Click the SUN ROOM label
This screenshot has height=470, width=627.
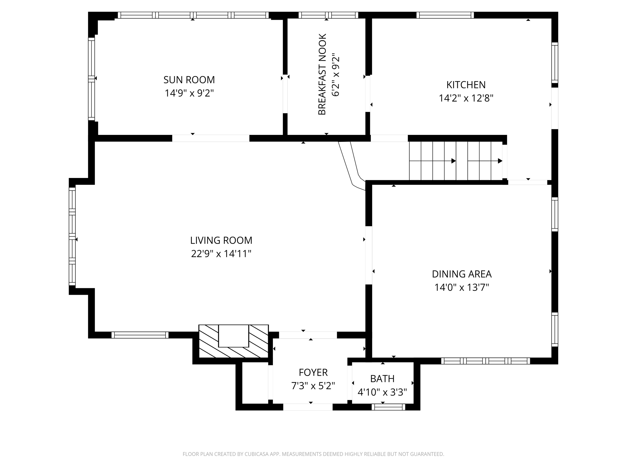pyautogui.click(x=189, y=80)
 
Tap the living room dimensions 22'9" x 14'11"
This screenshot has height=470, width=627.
pyautogui.click(x=221, y=254)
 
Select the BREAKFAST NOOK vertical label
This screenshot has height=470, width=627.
pyautogui.click(x=322, y=74)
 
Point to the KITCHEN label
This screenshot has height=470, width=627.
pyautogui.click(x=466, y=85)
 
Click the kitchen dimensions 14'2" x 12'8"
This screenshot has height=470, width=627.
pyautogui.click(x=466, y=98)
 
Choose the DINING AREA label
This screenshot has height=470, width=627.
pyautogui.click(x=462, y=274)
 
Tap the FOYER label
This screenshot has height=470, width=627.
pyautogui.click(x=313, y=372)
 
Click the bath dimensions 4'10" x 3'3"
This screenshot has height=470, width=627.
pyautogui.click(x=382, y=392)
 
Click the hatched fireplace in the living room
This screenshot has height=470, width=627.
pyautogui.click(x=233, y=341)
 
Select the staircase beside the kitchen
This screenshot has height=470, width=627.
pyautogui.click(x=455, y=161)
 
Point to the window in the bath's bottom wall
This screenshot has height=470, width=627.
pyautogui.click(x=388, y=407)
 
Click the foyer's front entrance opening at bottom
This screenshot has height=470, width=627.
pyautogui.click(x=308, y=407)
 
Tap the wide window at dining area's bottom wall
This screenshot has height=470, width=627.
pyautogui.click(x=485, y=361)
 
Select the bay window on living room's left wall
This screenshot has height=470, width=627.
pyautogui.click(x=72, y=236)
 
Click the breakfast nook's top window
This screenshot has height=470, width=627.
pyautogui.click(x=328, y=15)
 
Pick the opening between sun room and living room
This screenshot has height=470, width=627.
pyautogui.click(x=211, y=138)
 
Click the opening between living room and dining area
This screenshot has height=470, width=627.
pyautogui.click(x=368, y=255)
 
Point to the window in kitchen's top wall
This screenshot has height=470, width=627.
pyautogui.click(x=445, y=15)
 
